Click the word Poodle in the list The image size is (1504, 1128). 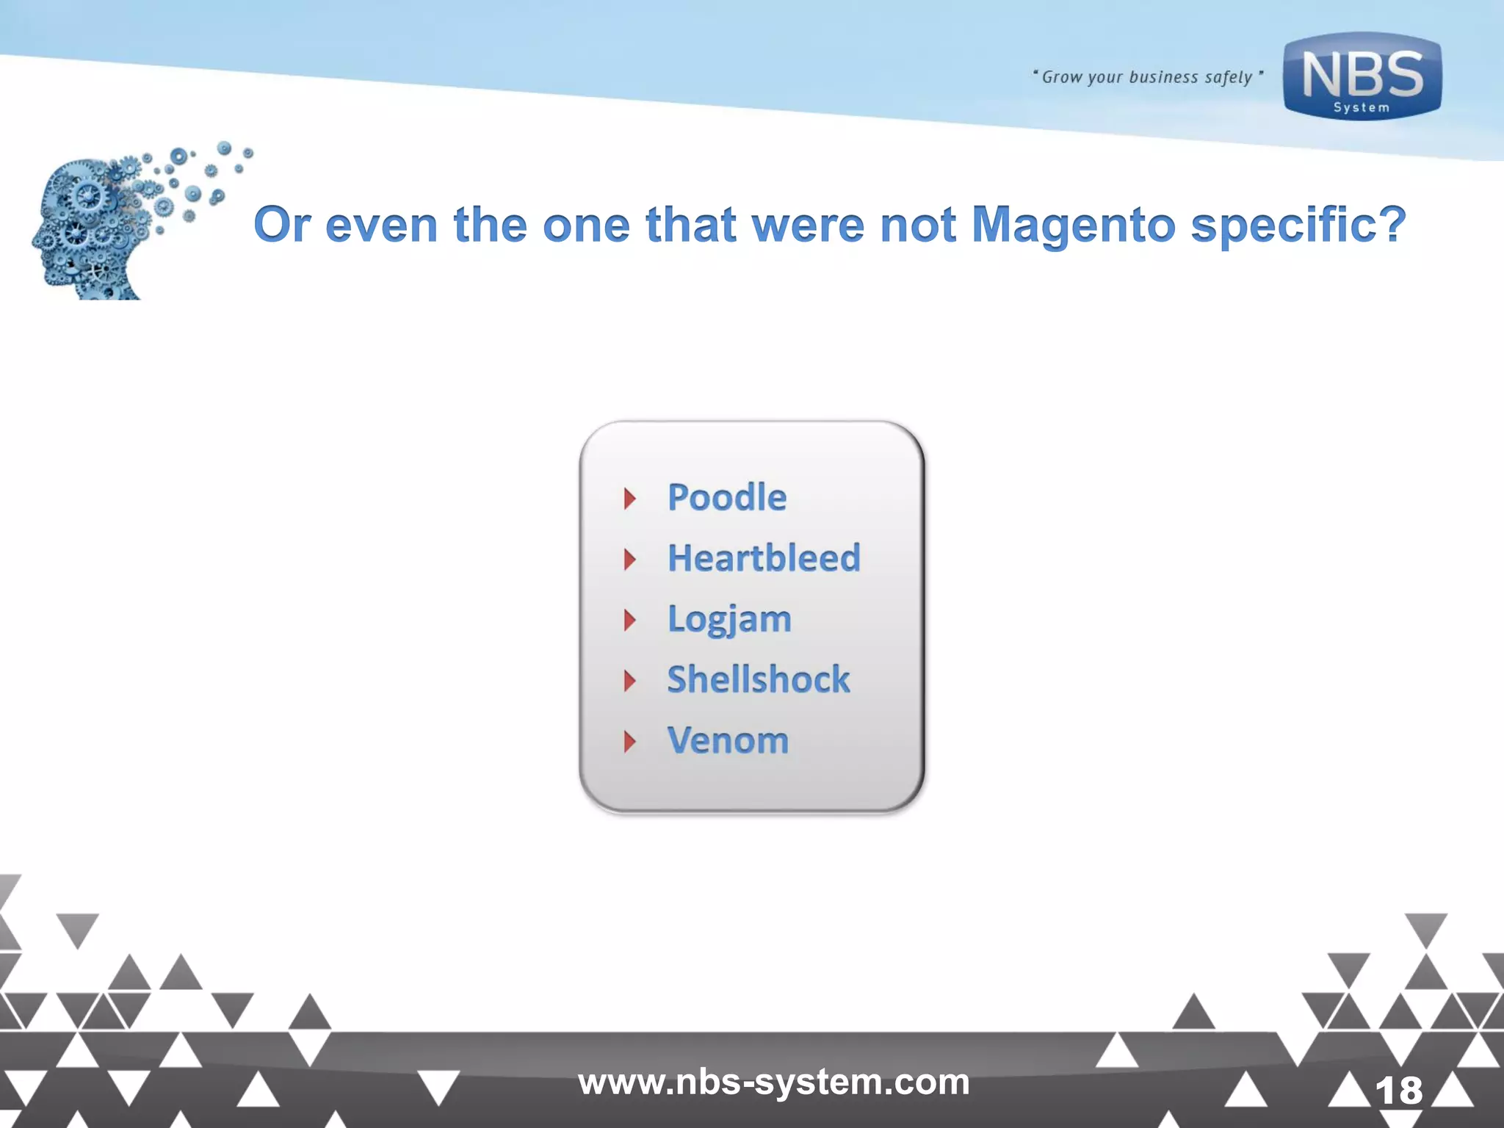pos(726,497)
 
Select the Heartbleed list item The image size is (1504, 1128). pos(763,558)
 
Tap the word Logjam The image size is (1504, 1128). pos(729,619)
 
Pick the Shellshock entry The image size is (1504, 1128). pos(758,679)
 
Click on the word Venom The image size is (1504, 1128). pos(728,740)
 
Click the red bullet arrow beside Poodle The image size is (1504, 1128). pos(629,499)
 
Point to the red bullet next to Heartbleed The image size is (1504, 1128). pos(629,560)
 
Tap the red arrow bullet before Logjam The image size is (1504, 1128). pos(629,621)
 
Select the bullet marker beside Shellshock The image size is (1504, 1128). pos(629,681)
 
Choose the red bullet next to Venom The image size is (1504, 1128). pos(629,742)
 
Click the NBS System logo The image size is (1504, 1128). pos(1362,76)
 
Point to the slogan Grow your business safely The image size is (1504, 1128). pos(1147,77)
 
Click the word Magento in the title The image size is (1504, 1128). pos(1073,224)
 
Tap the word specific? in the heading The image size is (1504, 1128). pos(1298,224)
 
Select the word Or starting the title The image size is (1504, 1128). pos(282,224)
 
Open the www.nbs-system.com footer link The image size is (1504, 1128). pos(773,1082)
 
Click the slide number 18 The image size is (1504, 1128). pos(1398,1091)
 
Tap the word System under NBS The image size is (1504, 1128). pos(1362,108)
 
